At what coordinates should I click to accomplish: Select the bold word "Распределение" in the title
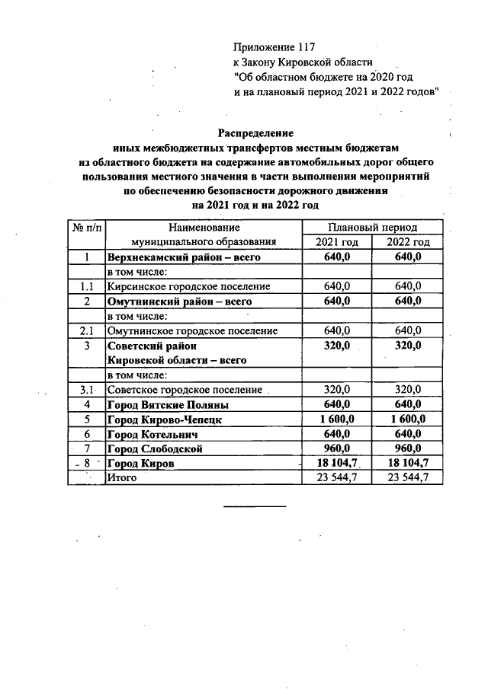click(255, 132)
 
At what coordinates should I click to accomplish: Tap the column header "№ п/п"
click(87, 227)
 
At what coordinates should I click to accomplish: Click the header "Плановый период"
click(372, 227)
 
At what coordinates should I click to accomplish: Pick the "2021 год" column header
click(336, 242)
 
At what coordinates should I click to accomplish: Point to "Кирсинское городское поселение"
click(188, 286)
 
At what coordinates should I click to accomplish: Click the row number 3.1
click(87, 390)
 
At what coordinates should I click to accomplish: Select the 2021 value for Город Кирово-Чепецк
click(336, 419)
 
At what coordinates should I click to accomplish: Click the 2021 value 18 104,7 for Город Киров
click(336, 463)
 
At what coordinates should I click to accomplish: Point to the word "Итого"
click(120, 477)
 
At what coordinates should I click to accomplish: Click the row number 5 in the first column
click(87, 419)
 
